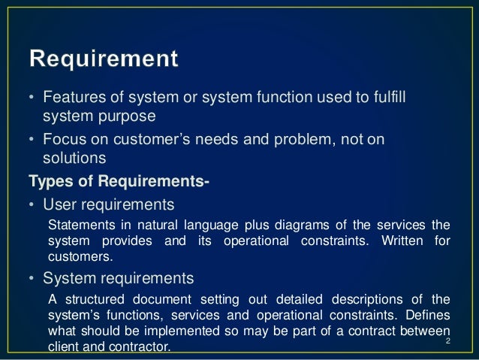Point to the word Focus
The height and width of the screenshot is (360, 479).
click(63, 141)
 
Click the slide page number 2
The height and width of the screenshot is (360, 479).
click(447, 343)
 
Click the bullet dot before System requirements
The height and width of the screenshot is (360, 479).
click(32, 280)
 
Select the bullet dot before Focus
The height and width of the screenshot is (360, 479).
click(32, 141)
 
